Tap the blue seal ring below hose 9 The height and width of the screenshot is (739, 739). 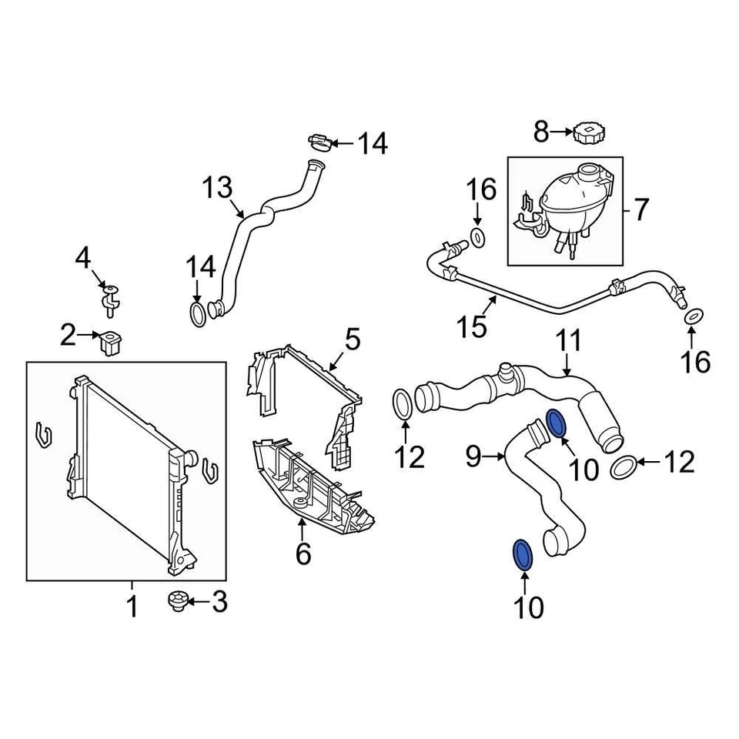[522, 554]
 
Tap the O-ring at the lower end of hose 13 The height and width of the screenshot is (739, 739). [198, 313]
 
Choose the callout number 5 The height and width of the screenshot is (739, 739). [353, 339]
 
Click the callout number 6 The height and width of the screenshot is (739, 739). [303, 552]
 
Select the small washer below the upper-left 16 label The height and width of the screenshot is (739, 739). [477, 238]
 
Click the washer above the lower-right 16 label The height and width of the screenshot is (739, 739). [692, 316]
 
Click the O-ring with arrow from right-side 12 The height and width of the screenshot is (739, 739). [624, 466]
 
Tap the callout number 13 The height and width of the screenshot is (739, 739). [217, 187]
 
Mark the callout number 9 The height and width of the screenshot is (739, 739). [474, 458]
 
